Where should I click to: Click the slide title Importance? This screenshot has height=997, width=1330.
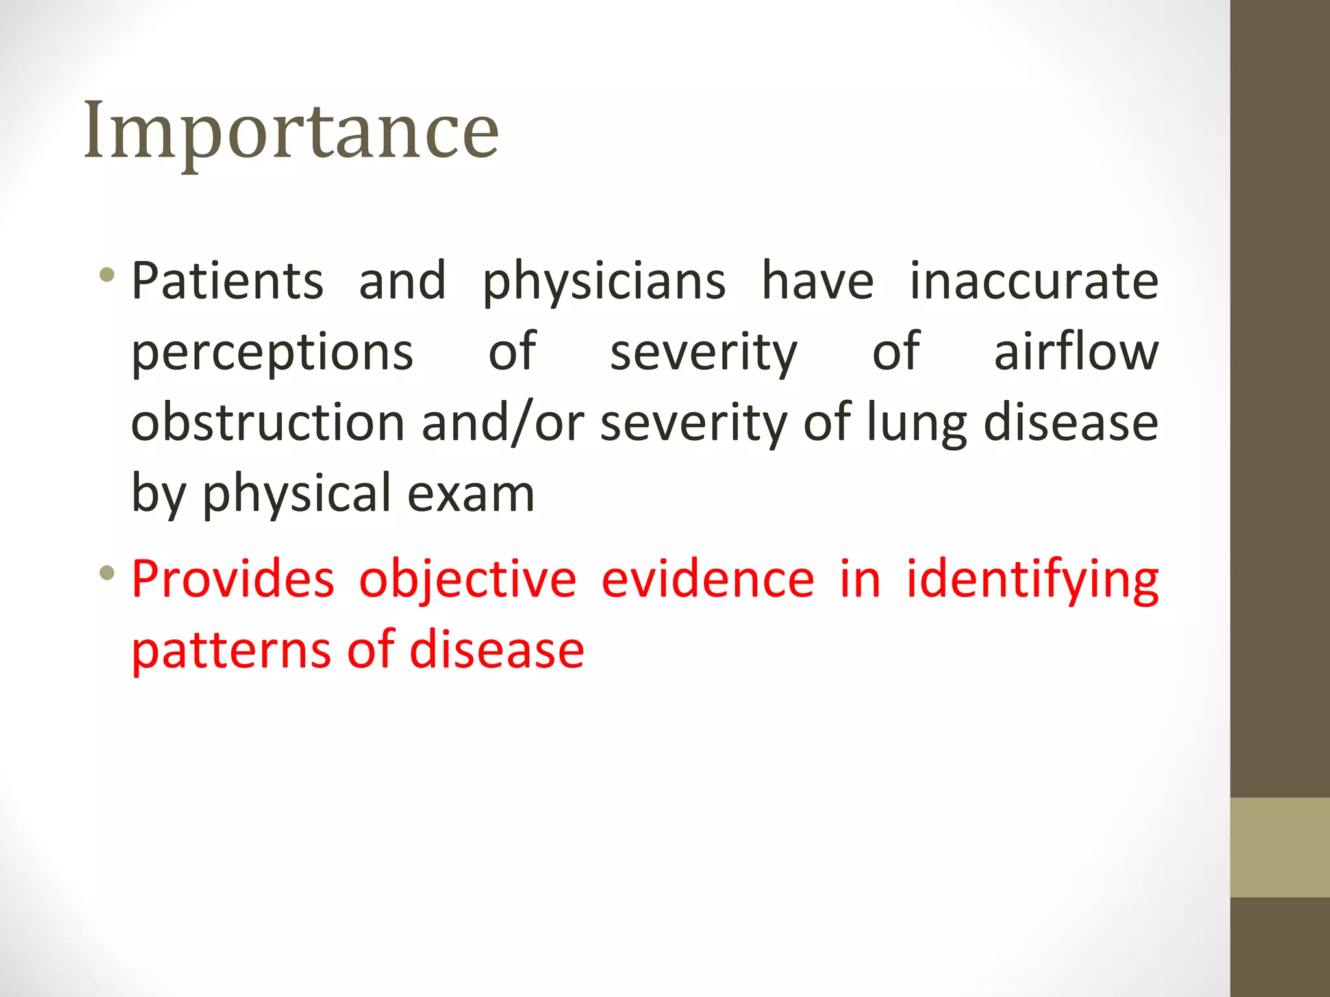(x=291, y=132)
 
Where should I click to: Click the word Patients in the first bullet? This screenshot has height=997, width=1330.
(x=227, y=281)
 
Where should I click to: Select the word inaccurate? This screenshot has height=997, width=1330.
(x=1034, y=281)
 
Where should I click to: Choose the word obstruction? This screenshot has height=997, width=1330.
(x=268, y=423)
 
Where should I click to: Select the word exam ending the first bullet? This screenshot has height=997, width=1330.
(x=471, y=494)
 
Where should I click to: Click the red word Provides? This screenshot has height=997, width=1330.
(x=233, y=578)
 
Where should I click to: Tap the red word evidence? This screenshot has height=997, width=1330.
(x=708, y=578)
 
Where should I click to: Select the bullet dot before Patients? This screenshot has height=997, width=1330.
(x=107, y=275)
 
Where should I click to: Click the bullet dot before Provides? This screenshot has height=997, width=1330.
(x=107, y=573)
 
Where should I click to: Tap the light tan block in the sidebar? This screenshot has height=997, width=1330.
(x=1279, y=847)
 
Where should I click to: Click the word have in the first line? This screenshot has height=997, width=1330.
(x=818, y=281)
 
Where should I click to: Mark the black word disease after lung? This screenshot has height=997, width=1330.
(x=1071, y=423)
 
